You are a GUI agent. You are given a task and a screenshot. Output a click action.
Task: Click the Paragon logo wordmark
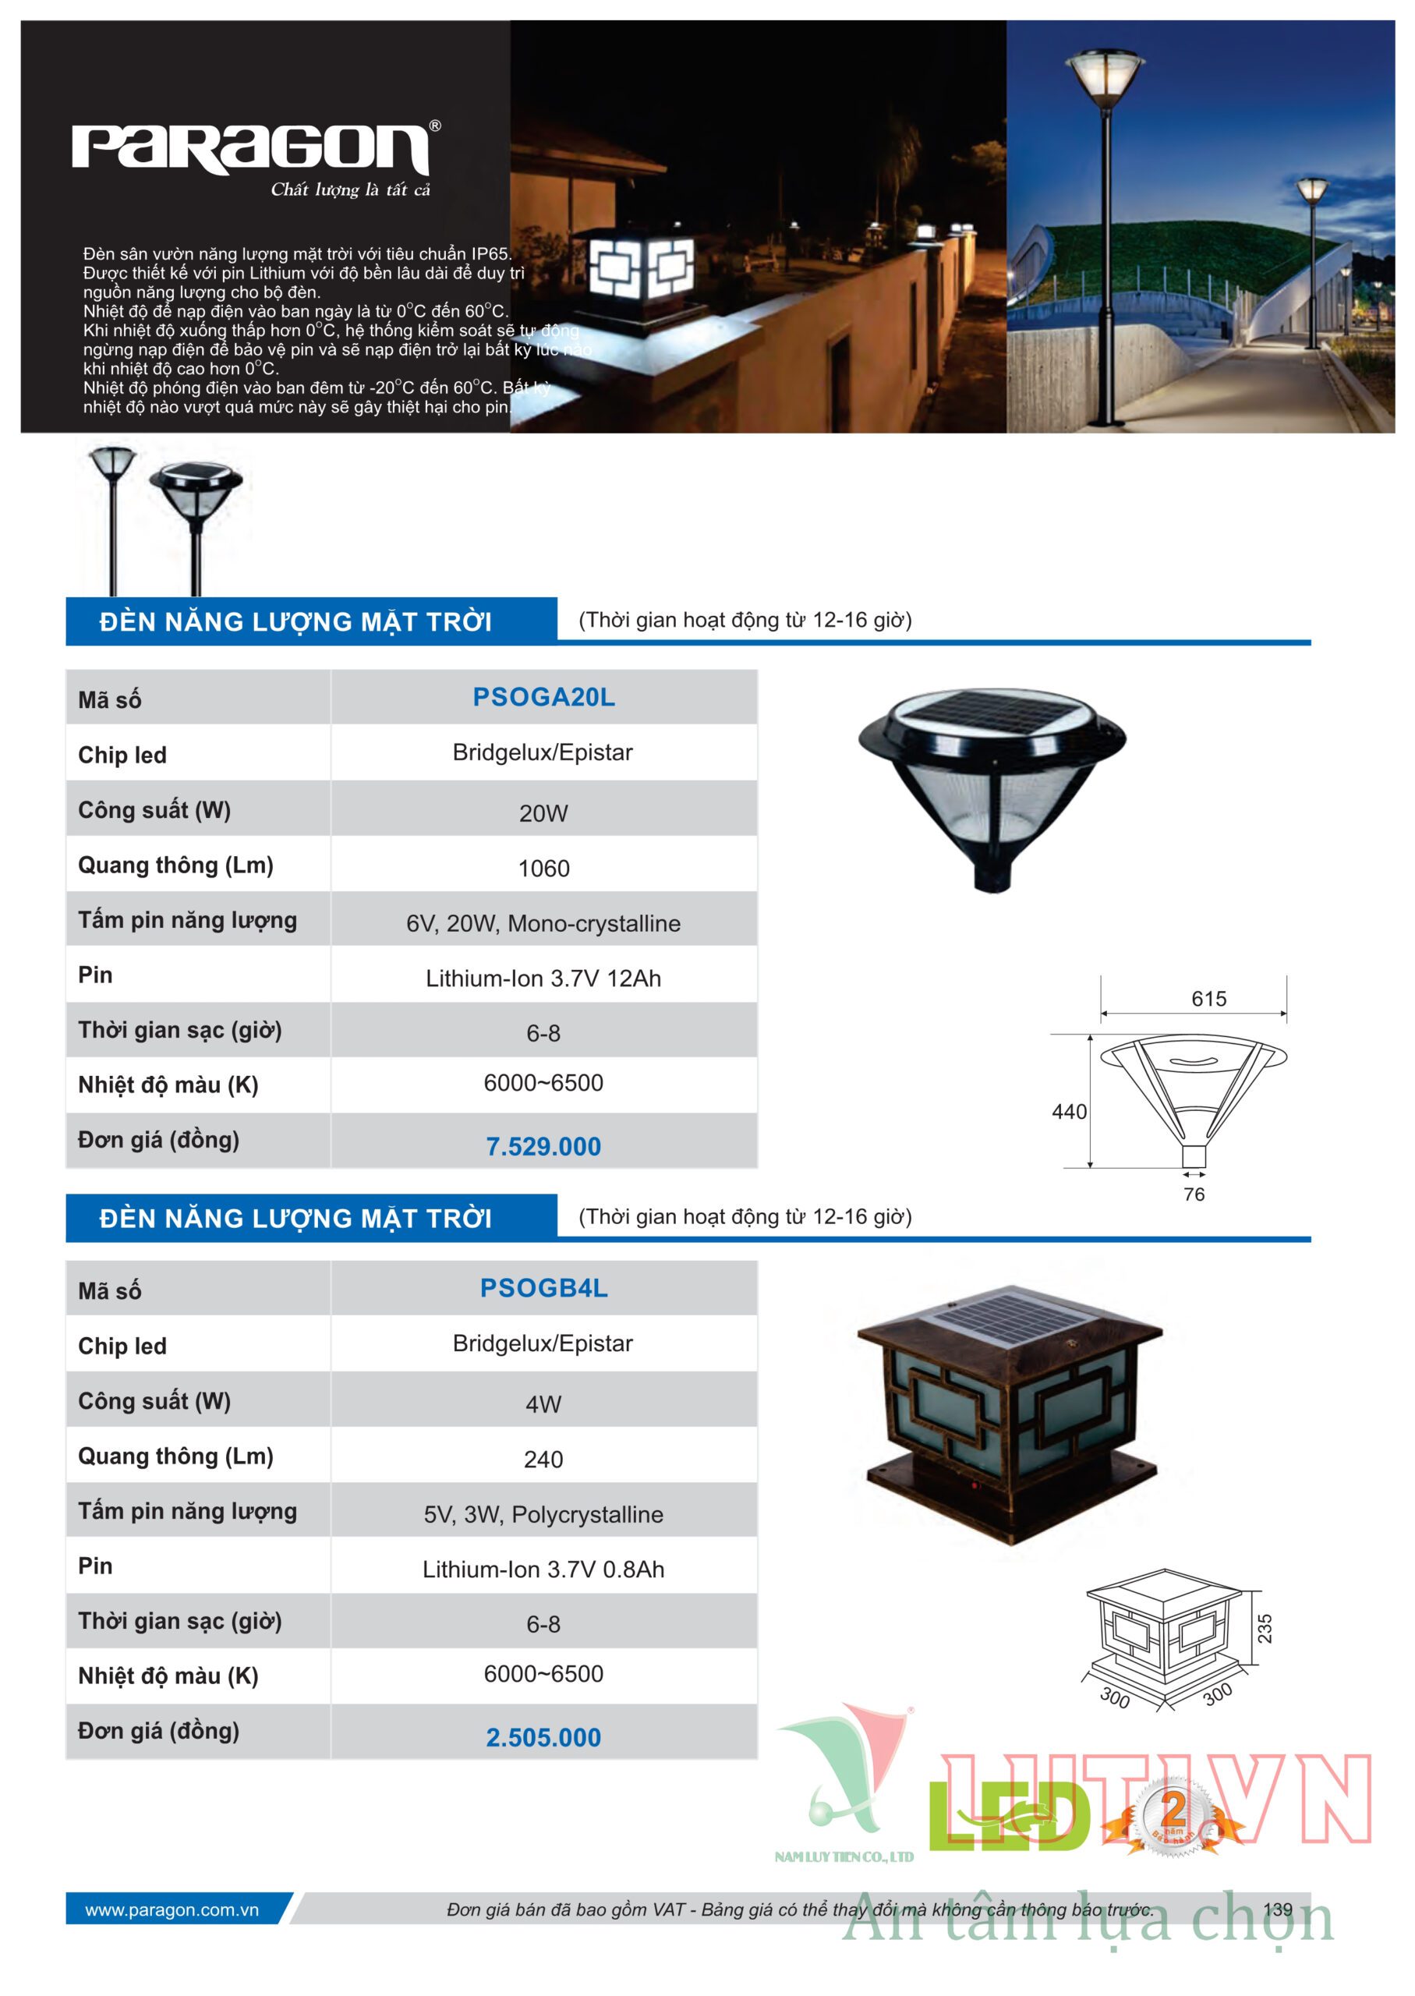(x=251, y=148)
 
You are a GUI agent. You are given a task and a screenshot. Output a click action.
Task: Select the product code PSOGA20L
(x=543, y=697)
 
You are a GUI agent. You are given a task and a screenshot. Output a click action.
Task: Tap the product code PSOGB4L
(x=543, y=1288)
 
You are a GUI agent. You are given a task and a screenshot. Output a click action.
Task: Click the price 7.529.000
(x=543, y=1147)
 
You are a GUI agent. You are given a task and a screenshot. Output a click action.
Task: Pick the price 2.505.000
(x=543, y=1737)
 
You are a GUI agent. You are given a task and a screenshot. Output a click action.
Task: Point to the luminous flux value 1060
(x=543, y=869)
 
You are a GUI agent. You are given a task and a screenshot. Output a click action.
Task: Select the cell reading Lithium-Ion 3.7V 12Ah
(x=543, y=979)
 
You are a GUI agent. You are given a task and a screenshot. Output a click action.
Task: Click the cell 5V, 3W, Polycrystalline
(x=543, y=1514)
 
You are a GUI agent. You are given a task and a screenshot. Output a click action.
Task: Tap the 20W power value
(x=543, y=814)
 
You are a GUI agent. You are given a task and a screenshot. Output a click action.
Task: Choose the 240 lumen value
(x=543, y=1460)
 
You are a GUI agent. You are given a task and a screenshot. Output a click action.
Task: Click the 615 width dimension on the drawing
(x=1208, y=999)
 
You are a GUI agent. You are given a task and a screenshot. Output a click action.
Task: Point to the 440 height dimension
(x=1069, y=1112)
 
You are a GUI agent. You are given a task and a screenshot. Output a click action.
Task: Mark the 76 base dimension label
(x=1194, y=1194)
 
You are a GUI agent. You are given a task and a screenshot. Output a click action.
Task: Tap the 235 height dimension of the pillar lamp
(x=1265, y=1628)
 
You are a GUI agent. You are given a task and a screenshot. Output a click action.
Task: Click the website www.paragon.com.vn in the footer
(x=172, y=1910)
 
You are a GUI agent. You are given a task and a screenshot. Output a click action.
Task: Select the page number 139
(x=1277, y=1909)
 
